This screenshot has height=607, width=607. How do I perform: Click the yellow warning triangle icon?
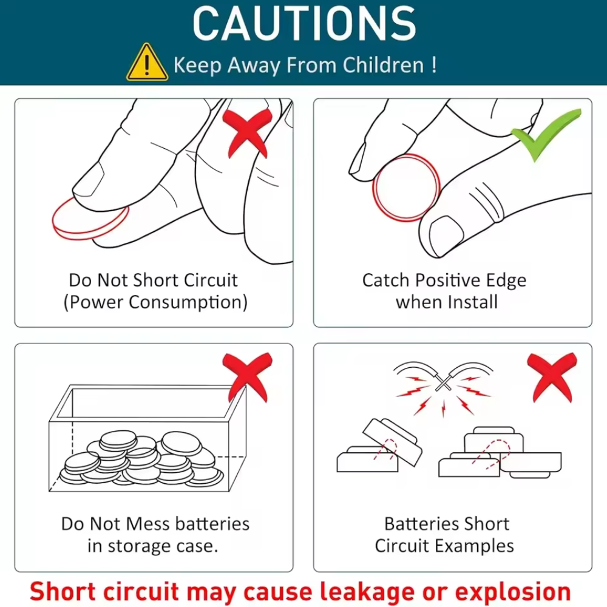(147, 63)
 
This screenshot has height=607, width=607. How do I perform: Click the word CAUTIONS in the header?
(304, 24)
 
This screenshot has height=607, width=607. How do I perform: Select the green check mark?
(547, 134)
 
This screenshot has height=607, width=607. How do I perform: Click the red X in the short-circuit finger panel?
(248, 134)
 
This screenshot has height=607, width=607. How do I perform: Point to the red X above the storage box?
(248, 378)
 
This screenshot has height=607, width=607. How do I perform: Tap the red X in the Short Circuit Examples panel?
(552, 378)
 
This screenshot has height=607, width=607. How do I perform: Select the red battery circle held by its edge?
(406, 188)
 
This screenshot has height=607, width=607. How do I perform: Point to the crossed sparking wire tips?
(443, 381)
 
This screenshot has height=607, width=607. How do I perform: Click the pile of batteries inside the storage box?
(141, 459)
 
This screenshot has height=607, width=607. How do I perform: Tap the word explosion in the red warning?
(513, 592)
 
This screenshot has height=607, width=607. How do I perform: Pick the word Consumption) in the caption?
(188, 302)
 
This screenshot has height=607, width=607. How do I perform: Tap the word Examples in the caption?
(474, 546)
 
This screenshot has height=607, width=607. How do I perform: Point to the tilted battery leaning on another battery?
(392, 443)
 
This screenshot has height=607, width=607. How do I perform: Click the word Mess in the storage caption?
(148, 524)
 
